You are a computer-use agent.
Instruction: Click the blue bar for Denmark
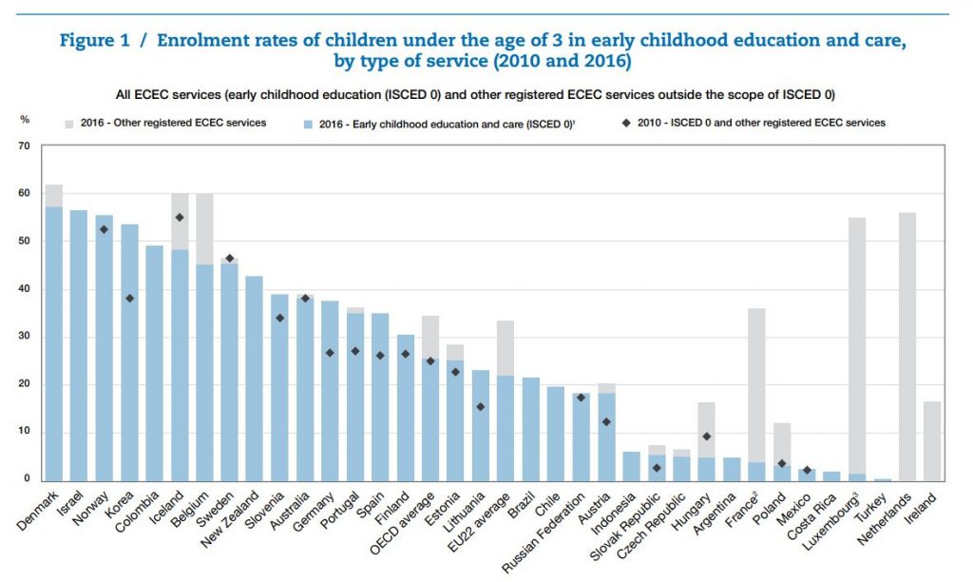[54, 342]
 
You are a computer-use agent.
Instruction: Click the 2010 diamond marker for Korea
[128, 299]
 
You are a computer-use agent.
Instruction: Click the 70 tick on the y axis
[23, 146]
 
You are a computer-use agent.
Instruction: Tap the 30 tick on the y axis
[23, 337]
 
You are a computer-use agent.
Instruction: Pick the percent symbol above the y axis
[25, 120]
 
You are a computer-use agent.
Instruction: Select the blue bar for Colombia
[153, 362]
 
